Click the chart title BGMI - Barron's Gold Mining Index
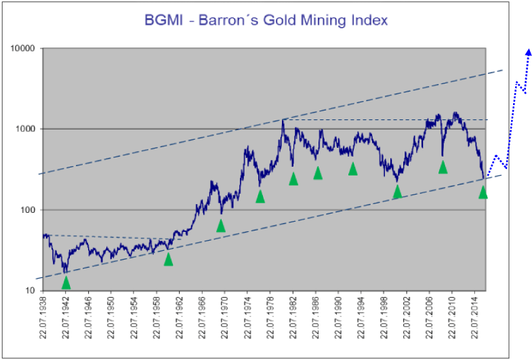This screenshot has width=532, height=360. point(266,20)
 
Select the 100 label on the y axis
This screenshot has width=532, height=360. point(31,209)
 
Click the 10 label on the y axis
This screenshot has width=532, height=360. point(33,290)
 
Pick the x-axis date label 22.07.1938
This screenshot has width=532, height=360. point(43,319)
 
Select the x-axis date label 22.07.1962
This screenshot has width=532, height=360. point(179,319)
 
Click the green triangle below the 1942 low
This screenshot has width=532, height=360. point(66,283)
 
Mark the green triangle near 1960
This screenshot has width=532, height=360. point(168,259)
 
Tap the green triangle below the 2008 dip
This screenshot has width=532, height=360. point(443,167)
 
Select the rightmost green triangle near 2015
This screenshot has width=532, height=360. point(483,192)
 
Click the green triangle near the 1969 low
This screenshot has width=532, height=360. point(220,225)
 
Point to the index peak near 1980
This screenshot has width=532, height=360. point(283,120)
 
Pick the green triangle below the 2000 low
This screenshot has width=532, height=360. point(397,192)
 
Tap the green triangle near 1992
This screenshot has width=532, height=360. point(352,168)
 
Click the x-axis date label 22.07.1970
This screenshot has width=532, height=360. point(224,319)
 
